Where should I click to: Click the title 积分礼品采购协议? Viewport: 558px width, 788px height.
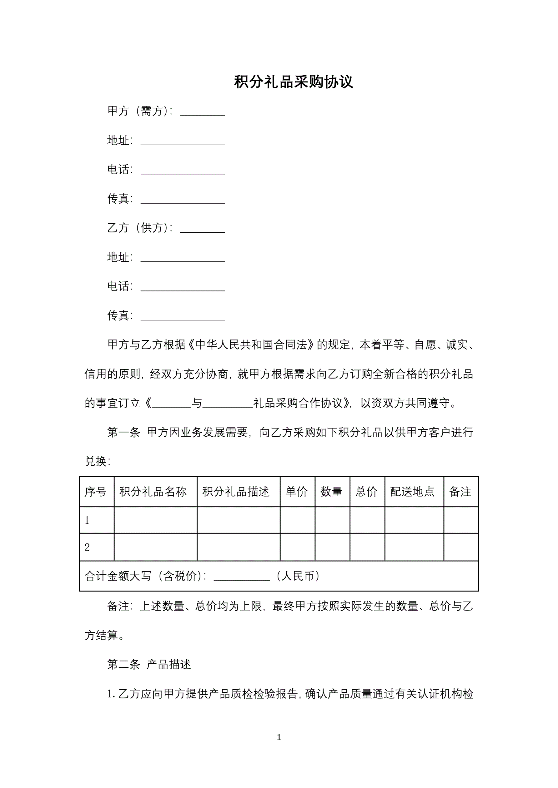pyautogui.click(x=294, y=82)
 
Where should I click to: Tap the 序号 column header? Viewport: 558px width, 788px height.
pyautogui.click(x=96, y=492)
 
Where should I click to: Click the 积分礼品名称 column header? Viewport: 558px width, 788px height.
pyautogui.click(x=153, y=492)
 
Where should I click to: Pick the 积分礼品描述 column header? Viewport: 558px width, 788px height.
pyautogui.click(x=236, y=492)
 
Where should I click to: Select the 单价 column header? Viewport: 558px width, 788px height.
pyautogui.click(x=297, y=492)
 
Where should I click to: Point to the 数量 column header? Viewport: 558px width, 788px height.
pyautogui.click(x=331, y=492)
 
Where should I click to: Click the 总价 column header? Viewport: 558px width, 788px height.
pyautogui.click(x=366, y=492)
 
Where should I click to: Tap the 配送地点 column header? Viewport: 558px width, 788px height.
pyautogui.click(x=412, y=492)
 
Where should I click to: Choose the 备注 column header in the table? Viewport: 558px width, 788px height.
pyautogui.click(x=460, y=492)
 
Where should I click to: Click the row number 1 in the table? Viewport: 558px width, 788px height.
pyautogui.click(x=87, y=520)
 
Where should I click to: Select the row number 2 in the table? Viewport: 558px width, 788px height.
pyautogui.click(x=87, y=547)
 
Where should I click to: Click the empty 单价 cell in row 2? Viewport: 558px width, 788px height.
pyautogui.click(x=297, y=547)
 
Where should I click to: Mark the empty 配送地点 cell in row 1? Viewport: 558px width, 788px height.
pyautogui.click(x=414, y=520)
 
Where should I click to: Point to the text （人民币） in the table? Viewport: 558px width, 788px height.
pyautogui.click(x=298, y=576)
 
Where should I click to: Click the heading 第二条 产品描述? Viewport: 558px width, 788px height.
pyautogui.click(x=149, y=664)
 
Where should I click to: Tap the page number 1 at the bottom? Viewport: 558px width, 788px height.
pyautogui.click(x=279, y=737)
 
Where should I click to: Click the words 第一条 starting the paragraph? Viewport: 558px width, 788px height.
pyautogui.click(x=124, y=433)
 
